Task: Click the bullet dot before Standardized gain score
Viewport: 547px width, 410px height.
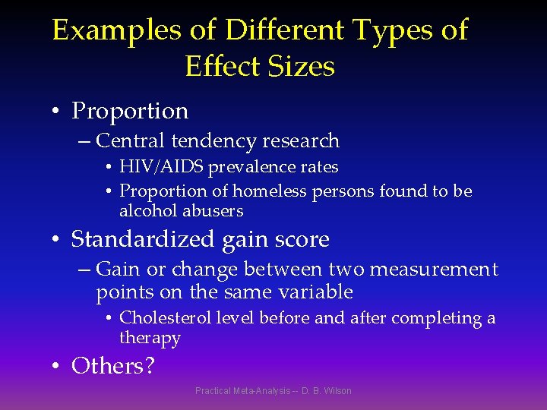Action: click(x=56, y=241)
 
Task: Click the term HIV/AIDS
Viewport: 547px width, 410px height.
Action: click(x=161, y=166)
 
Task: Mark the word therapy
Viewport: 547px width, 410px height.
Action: click(x=150, y=338)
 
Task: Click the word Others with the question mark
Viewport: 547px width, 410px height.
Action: click(x=112, y=366)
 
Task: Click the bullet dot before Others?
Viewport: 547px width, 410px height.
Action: click(x=56, y=367)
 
